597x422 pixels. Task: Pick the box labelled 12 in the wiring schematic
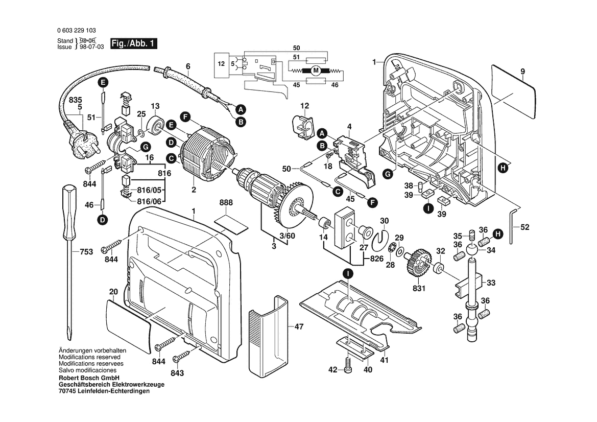[x=221, y=64]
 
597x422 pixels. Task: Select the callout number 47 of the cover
[x=299, y=326]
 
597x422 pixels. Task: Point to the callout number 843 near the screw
[x=177, y=373]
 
